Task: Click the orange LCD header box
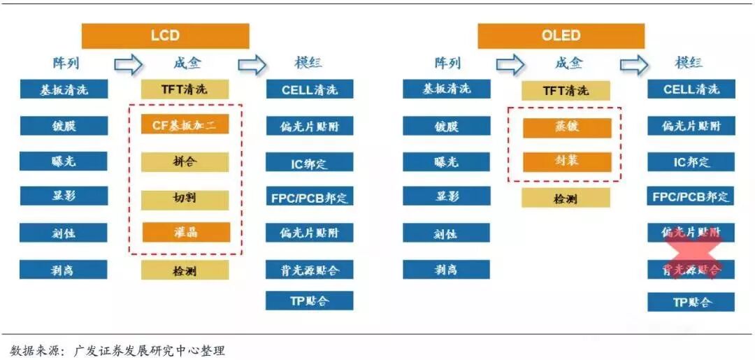(x=165, y=36)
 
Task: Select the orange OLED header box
(x=561, y=36)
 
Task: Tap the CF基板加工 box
(x=185, y=125)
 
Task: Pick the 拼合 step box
(x=185, y=162)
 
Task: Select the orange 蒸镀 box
(x=566, y=128)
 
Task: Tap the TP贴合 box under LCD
(x=309, y=301)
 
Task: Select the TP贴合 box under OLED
(x=691, y=302)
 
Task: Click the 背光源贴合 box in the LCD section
(x=309, y=269)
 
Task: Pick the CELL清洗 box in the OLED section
(x=691, y=89)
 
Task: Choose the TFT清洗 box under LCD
(x=185, y=89)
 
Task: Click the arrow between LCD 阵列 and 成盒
(x=128, y=64)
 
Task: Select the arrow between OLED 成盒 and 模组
(x=634, y=64)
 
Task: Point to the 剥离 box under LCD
(x=64, y=269)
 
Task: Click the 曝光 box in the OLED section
(x=446, y=161)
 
